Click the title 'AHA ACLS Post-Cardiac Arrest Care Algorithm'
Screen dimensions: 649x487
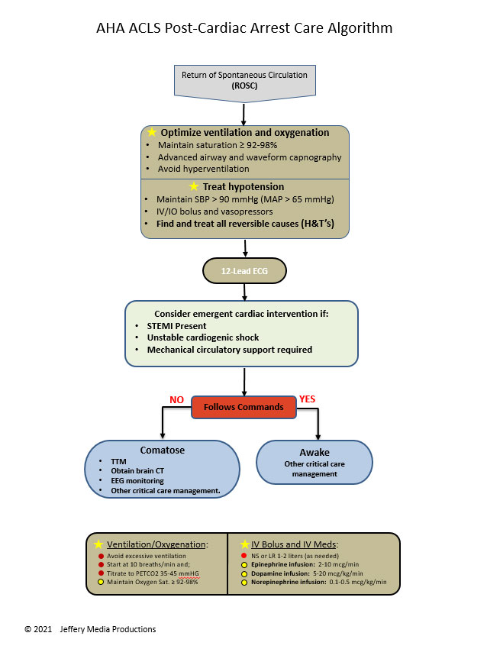243,29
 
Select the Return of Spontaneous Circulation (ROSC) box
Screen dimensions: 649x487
243,81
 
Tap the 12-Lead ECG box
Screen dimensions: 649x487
243,270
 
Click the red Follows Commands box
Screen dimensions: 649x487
243,407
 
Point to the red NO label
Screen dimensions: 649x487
176,399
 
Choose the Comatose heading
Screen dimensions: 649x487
162,450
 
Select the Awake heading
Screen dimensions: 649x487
314,452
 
